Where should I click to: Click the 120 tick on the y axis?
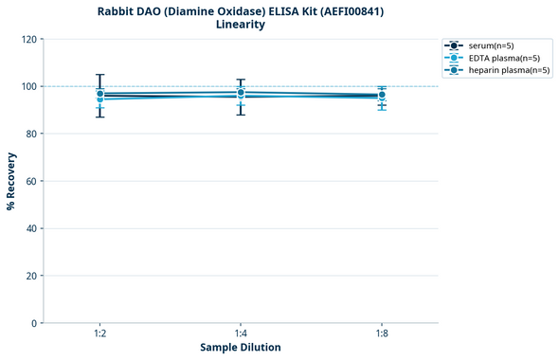30,39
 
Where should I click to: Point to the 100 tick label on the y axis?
30,86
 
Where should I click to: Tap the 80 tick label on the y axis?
32,134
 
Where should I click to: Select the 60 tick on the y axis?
32,181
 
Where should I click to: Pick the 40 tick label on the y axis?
32,228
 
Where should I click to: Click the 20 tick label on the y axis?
32,276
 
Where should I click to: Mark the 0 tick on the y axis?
35,323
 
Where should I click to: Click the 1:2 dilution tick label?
99,334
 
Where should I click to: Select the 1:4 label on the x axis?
241,334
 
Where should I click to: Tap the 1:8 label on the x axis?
381,334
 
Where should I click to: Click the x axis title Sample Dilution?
241,348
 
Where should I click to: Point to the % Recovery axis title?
11,181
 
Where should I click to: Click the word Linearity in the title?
241,25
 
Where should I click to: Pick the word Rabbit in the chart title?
118,11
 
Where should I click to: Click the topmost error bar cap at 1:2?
99,75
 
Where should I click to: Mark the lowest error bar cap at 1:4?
241,115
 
